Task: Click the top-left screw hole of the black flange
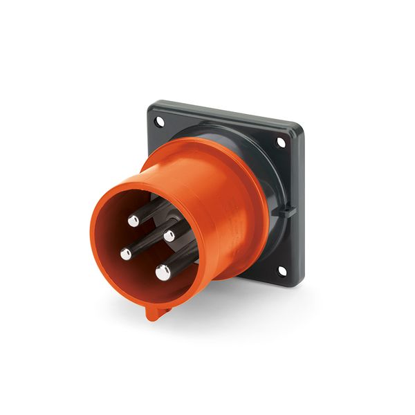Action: tap(160, 122)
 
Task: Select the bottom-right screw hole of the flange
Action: tap(282, 271)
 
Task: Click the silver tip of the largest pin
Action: tap(163, 272)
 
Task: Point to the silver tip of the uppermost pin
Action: tap(133, 221)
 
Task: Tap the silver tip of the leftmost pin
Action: tap(126, 254)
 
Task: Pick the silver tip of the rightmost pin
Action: tap(169, 236)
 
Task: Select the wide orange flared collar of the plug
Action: tap(228, 207)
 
